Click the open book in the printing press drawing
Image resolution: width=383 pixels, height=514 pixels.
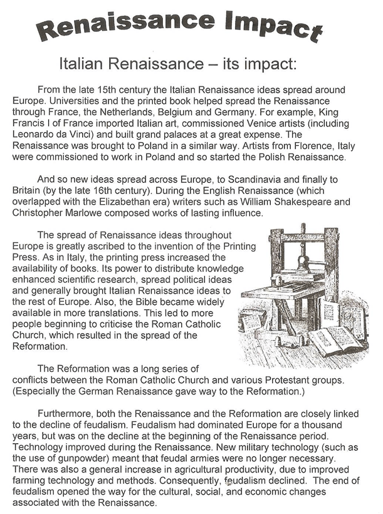[336, 341]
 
